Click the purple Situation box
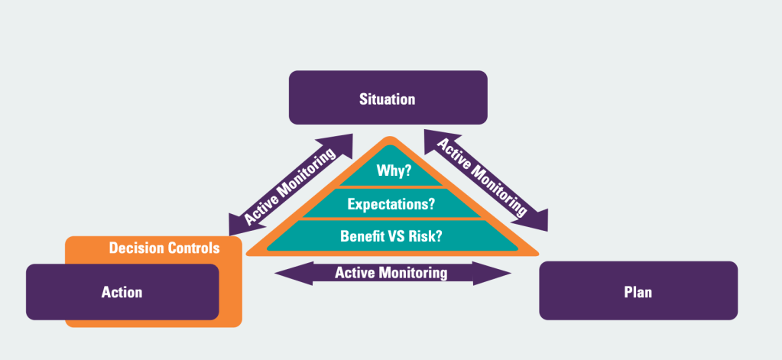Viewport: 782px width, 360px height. (388, 97)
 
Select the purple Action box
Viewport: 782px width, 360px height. (122, 292)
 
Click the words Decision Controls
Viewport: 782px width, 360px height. (164, 248)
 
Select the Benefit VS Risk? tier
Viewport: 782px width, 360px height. (391, 235)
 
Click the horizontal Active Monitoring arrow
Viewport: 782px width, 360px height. (391, 272)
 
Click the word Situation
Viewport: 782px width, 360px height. (388, 99)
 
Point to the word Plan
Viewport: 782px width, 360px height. (638, 292)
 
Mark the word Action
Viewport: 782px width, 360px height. (122, 292)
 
